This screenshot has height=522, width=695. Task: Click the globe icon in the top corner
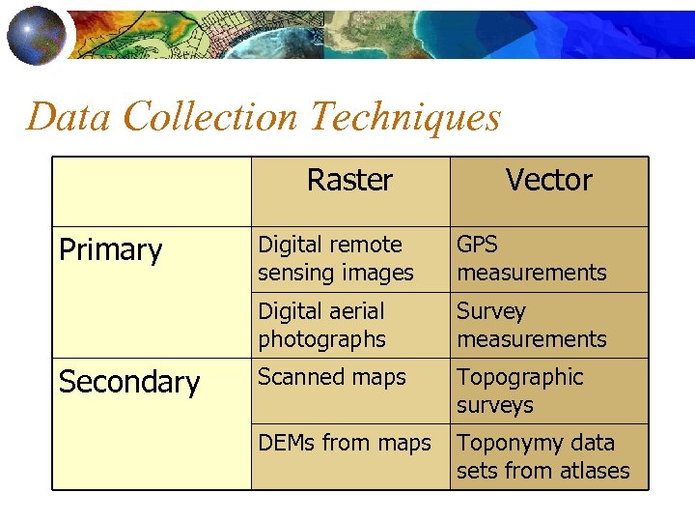[x=36, y=34]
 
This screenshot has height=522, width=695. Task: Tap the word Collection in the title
[x=211, y=117]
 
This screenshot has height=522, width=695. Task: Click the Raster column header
[x=349, y=180]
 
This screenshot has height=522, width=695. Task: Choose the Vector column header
[x=548, y=180]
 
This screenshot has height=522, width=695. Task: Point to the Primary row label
[x=111, y=250]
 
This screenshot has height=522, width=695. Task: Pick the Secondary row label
[x=129, y=383]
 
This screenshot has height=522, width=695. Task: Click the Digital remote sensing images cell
[x=335, y=259]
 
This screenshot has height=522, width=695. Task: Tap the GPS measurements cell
[x=532, y=259]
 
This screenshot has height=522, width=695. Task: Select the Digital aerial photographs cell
[x=321, y=326]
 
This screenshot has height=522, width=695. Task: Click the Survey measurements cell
[x=532, y=326]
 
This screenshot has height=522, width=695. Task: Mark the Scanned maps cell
[x=332, y=378]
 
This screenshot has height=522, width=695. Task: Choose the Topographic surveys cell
[x=520, y=391]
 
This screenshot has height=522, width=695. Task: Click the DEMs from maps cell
[x=345, y=444]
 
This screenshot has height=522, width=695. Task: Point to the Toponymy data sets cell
[x=542, y=457]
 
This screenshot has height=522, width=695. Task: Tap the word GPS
[x=478, y=246]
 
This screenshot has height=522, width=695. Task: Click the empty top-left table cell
[x=152, y=191]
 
